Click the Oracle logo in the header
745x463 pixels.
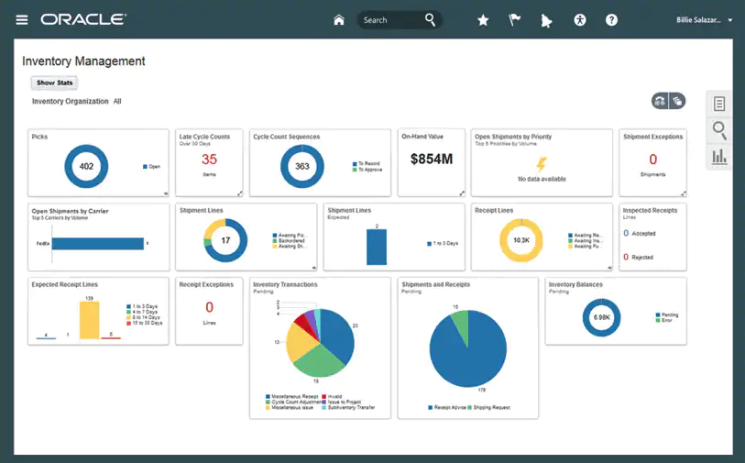pos(83,19)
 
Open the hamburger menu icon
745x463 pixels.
pos(22,19)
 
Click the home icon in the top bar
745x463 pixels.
pos(339,20)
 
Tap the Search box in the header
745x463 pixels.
pos(389,20)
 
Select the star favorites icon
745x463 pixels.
pos(483,20)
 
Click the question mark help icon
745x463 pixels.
pos(611,20)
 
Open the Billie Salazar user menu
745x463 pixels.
pos(704,20)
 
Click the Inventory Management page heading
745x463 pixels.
pos(83,61)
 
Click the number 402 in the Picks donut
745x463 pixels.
pos(86,167)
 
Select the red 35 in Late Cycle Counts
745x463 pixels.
pos(209,160)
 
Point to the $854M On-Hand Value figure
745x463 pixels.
pos(431,160)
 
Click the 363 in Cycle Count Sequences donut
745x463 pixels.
pos(302,167)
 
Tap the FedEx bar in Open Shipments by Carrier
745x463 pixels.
pos(98,243)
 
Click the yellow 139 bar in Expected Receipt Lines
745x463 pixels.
pos(89,320)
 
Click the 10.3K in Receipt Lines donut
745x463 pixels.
pos(521,240)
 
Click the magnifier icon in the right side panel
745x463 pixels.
pos(719,130)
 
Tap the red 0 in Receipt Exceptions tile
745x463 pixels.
pos(209,308)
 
